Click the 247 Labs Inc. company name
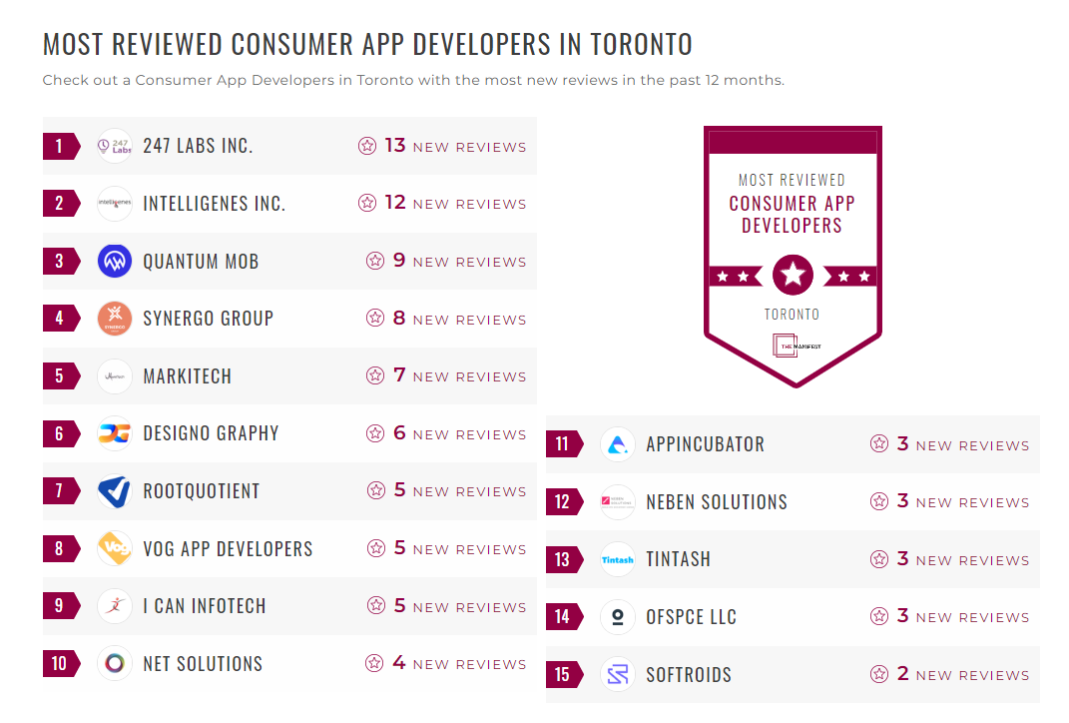click(198, 146)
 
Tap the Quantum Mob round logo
click(115, 262)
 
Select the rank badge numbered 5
click(61, 376)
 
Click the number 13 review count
click(395, 146)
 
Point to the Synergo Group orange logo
click(115, 319)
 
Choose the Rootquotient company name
click(201, 491)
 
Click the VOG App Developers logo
click(115, 548)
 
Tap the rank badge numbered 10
click(61, 664)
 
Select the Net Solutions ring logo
click(115, 664)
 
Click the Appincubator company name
click(705, 444)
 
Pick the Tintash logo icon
click(618, 559)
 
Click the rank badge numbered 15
click(564, 675)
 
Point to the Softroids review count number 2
click(902, 674)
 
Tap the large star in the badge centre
click(793, 275)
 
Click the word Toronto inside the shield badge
click(792, 314)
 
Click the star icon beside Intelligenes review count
click(367, 204)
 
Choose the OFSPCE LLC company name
click(691, 617)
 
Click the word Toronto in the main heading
click(641, 45)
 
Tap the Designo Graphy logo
click(115, 433)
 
